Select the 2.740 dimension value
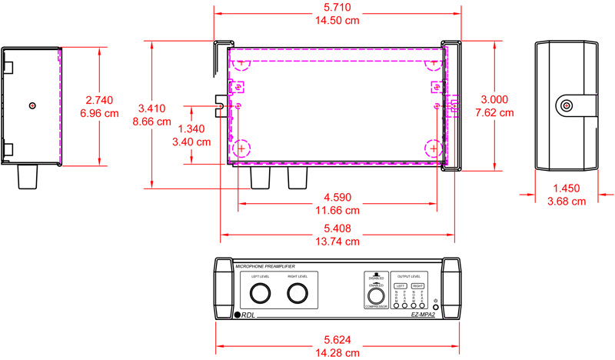[x=100, y=100]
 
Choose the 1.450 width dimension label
[x=566, y=188]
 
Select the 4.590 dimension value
[x=337, y=196]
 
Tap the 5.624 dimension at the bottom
[x=337, y=338]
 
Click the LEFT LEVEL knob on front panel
[x=259, y=293]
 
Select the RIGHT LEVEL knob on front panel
[x=298, y=293]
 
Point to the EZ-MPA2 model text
[x=424, y=315]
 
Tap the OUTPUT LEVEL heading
[x=408, y=275]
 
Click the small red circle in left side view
[x=31, y=105]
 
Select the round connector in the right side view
[x=567, y=105]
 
